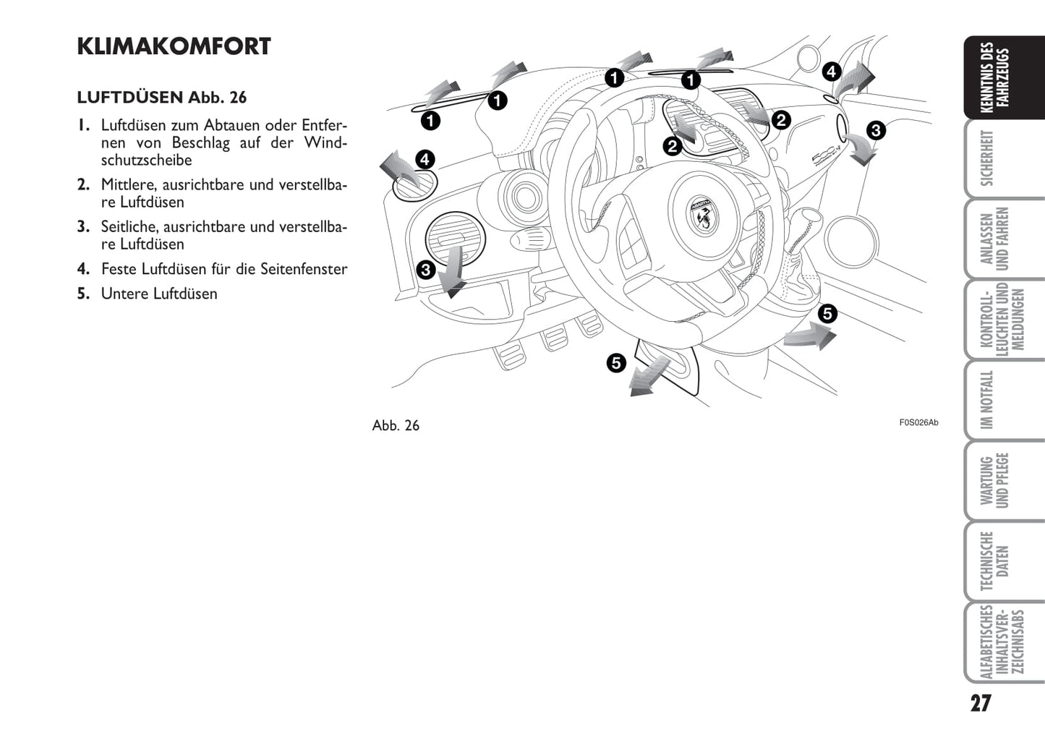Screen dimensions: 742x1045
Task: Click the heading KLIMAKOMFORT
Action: click(174, 46)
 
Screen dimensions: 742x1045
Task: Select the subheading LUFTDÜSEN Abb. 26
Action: click(162, 98)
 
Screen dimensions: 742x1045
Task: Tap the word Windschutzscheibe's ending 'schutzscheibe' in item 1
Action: click(146, 161)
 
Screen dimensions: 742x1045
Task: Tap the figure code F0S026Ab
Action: click(918, 422)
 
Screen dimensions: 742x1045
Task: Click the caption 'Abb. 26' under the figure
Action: click(396, 425)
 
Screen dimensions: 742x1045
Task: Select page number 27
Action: click(981, 704)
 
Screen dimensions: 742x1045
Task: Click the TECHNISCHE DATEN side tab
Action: click(995, 561)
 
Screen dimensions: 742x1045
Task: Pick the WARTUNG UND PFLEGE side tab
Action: click(995, 481)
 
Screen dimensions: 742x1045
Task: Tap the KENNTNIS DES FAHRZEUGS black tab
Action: click(995, 77)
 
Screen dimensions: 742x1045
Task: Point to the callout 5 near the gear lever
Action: click(827, 314)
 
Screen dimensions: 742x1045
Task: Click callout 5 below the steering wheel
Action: click(616, 362)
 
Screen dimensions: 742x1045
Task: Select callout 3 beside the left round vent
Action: click(425, 270)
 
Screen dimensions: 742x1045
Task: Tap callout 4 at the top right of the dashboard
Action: click(832, 72)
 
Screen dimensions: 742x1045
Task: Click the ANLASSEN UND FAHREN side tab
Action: click(995, 239)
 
